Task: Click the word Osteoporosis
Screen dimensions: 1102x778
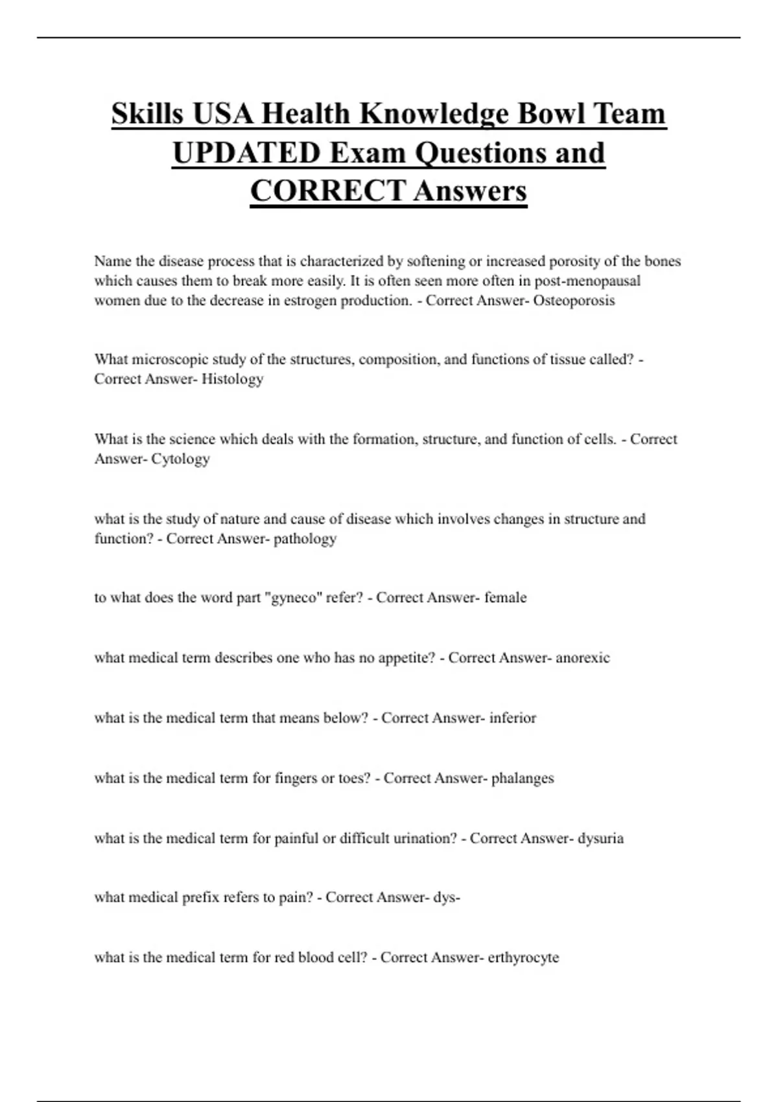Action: [x=574, y=301]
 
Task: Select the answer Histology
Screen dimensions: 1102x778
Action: [x=232, y=379]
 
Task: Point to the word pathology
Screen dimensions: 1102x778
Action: [x=305, y=539]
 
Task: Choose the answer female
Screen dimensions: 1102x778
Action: [x=505, y=598]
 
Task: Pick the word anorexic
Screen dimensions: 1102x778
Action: [x=582, y=658]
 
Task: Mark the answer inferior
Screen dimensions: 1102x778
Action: [x=512, y=718]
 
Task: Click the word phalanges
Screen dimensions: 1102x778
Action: [x=523, y=779]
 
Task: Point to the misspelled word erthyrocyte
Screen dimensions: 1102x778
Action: [x=523, y=958]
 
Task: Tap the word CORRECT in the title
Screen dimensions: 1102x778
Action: [x=327, y=191]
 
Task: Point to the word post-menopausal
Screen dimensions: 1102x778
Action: [x=587, y=281]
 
